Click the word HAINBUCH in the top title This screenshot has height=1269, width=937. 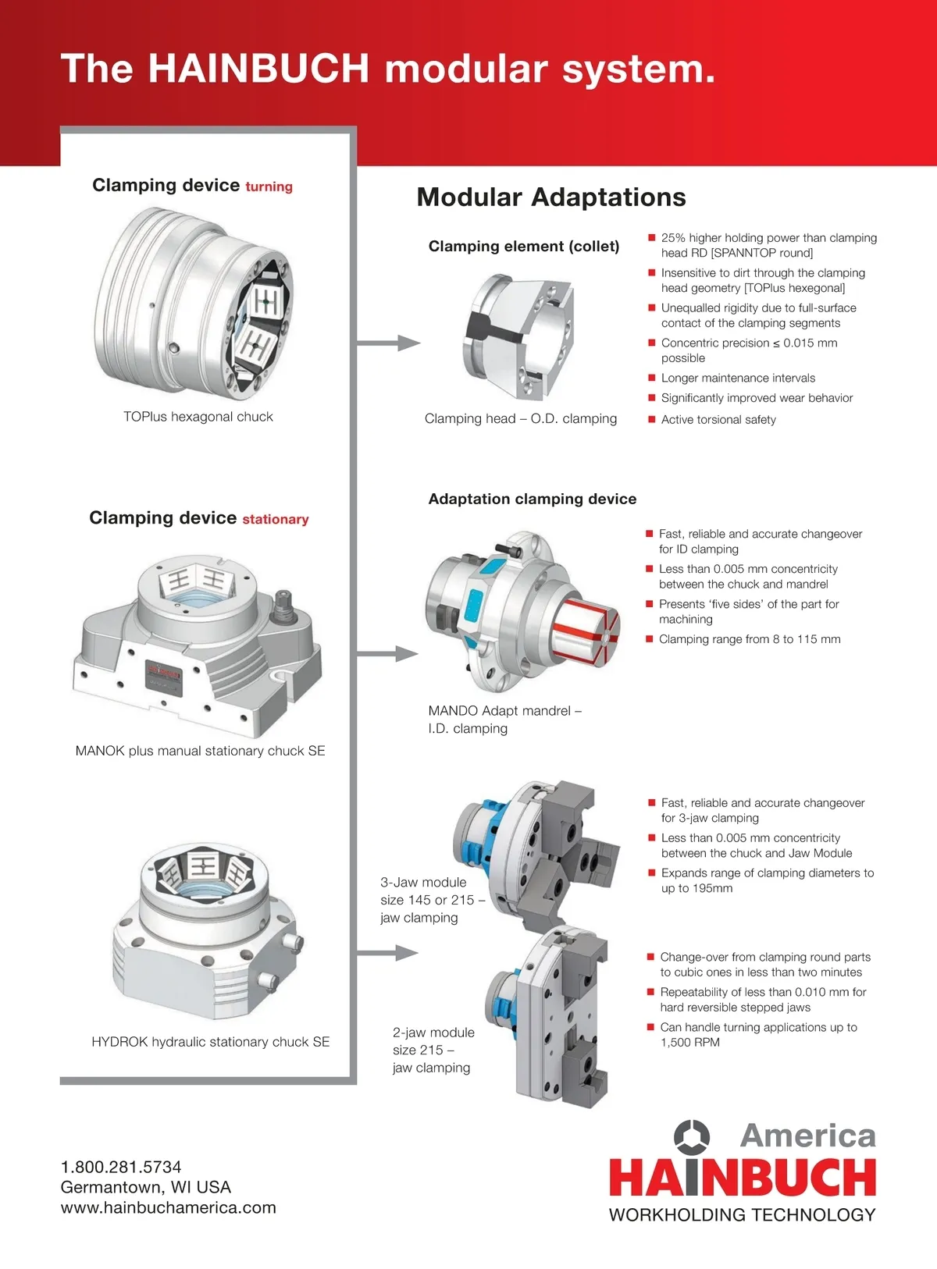click(258, 69)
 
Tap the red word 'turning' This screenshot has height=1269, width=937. click(269, 187)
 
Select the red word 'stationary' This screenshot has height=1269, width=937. click(275, 520)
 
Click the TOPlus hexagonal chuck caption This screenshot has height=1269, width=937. click(198, 417)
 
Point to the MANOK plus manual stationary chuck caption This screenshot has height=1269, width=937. click(200, 751)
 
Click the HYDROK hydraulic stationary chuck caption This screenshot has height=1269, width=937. click(210, 1042)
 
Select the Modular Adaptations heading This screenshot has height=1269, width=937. click(550, 197)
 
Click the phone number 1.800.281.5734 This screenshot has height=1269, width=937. click(121, 1167)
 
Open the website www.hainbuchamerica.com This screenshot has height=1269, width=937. click(169, 1207)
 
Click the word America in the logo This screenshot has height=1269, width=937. click(807, 1136)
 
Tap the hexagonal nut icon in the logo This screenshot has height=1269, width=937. click(692, 1137)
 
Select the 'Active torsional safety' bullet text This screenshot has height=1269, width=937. click(718, 420)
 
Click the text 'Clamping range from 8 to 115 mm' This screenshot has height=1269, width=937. click(750, 639)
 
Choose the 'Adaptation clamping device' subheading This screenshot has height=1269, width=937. click(532, 499)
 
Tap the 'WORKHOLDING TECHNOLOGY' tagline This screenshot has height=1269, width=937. click(742, 1215)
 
